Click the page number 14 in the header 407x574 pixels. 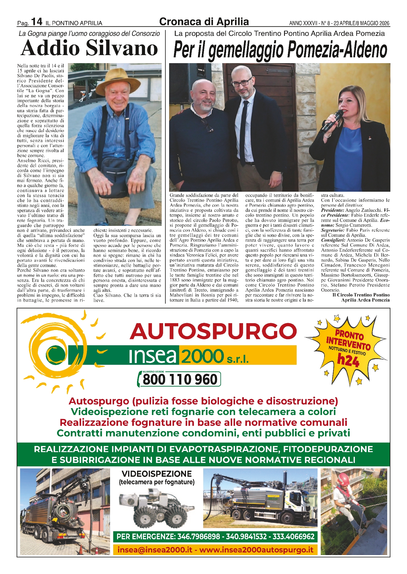(x=37, y=22)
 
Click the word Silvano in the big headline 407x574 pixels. (x=122, y=48)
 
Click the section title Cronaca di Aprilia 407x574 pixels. (x=204, y=22)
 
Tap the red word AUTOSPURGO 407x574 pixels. (x=213, y=331)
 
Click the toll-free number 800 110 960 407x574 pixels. (x=180, y=379)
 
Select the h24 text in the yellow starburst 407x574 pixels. (x=348, y=360)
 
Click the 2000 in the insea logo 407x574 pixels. (x=202, y=356)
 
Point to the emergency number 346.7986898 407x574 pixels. (x=199, y=536)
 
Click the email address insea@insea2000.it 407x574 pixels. (x=155, y=550)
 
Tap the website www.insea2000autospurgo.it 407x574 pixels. (x=256, y=550)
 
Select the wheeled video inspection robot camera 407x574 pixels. (x=156, y=508)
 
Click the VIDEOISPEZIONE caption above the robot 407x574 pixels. (x=156, y=474)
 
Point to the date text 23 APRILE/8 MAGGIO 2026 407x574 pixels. (x=361, y=23)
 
